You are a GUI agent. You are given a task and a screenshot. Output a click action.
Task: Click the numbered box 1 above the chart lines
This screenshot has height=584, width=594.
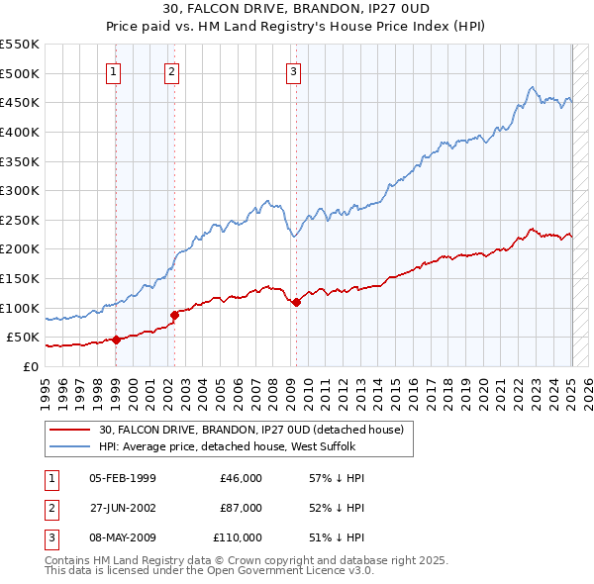pos(115,70)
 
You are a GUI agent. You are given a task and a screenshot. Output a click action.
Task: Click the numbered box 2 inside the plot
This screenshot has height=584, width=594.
pos(172,70)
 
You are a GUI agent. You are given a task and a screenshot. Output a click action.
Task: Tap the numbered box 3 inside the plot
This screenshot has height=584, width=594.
pos(294,70)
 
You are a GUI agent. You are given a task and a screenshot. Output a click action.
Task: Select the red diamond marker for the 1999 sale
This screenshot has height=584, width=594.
pos(116,340)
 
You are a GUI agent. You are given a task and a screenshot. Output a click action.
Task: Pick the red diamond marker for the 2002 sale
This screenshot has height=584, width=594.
pos(175,316)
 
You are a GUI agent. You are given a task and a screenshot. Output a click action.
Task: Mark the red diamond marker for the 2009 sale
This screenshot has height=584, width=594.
pos(296,302)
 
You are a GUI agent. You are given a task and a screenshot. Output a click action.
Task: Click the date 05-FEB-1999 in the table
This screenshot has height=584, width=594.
pos(123,478)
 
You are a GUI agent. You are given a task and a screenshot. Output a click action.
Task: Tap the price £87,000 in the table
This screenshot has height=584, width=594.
pos(241,508)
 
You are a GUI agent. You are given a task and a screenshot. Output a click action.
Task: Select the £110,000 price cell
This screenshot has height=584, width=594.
pos(238,537)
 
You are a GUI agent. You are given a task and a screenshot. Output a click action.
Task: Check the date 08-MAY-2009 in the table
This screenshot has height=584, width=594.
pos(123,537)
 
